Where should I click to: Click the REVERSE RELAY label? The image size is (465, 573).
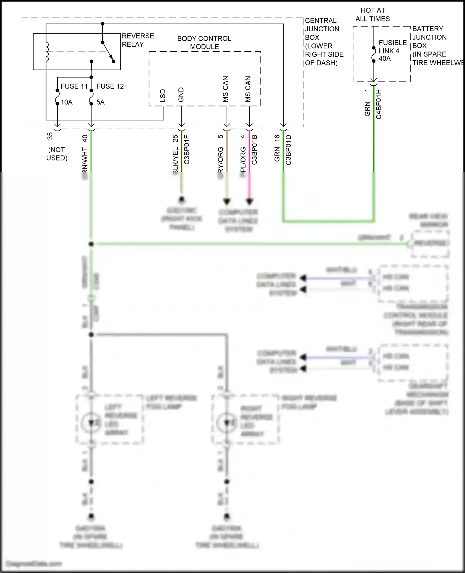click(x=138, y=40)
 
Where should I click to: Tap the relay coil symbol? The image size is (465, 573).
click(x=47, y=52)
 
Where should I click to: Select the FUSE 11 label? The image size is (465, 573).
click(x=74, y=86)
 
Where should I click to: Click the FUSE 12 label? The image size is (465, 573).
click(x=110, y=86)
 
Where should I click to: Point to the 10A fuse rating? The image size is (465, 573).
click(x=67, y=102)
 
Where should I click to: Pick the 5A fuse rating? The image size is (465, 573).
click(x=100, y=102)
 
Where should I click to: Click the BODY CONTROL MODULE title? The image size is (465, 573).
click(x=204, y=43)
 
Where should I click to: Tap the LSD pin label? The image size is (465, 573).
click(x=163, y=96)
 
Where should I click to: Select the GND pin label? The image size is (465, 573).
click(x=181, y=95)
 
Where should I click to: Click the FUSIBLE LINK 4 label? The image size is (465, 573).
click(x=392, y=47)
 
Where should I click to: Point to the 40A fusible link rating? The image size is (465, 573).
click(x=385, y=58)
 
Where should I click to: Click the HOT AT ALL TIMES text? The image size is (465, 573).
click(x=373, y=15)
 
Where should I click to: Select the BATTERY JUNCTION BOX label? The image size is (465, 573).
click(x=429, y=37)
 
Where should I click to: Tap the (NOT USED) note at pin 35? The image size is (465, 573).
click(x=57, y=154)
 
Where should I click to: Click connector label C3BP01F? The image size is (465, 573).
click(x=187, y=150)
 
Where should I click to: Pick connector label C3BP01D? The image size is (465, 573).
click(x=288, y=150)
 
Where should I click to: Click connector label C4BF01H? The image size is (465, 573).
click(x=379, y=104)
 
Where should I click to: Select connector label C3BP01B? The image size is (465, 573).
click(x=255, y=150)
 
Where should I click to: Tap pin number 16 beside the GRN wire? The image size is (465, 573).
click(x=277, y=138)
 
